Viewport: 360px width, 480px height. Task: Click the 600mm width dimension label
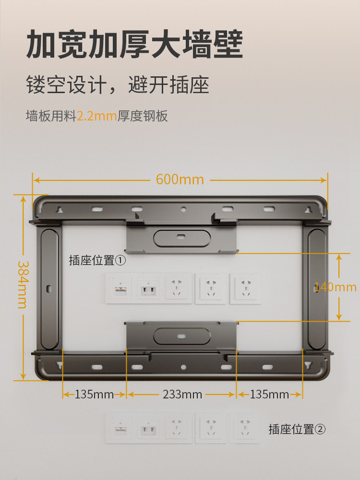180,180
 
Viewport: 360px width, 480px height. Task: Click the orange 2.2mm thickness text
97,116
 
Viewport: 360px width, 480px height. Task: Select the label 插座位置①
97,260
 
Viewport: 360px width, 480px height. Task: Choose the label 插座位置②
297,429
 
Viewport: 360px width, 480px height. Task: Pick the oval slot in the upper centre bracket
181,237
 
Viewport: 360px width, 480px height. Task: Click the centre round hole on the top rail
183,210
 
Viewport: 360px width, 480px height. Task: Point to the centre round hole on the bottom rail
183,367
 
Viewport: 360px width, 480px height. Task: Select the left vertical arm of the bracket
49,288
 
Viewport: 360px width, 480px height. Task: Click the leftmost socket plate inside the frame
119,288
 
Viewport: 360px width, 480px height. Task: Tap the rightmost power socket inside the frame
245,288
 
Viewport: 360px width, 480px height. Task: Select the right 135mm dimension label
269,395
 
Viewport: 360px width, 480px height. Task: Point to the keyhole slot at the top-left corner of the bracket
60,210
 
